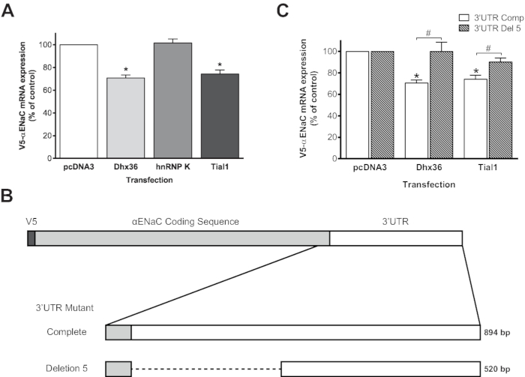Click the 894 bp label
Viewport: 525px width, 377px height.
click(x=499, y=331)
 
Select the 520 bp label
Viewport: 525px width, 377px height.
click(x=499, y=368)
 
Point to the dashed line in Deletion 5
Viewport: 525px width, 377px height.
click(x=205, y=368)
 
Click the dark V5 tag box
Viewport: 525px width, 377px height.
click(x=31, y=238)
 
